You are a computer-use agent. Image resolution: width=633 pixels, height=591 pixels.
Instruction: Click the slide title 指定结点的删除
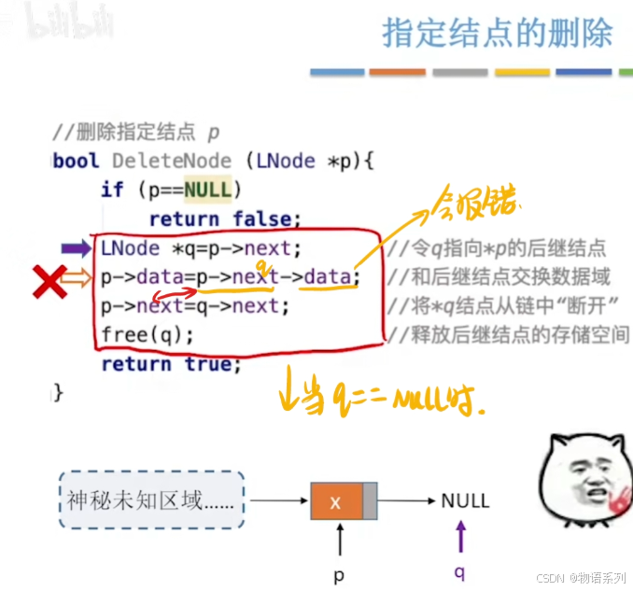pos(498,33)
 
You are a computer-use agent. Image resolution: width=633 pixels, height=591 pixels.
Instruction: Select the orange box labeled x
pos(336,501)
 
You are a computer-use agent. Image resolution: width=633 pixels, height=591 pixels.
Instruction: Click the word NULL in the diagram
pos(465,501)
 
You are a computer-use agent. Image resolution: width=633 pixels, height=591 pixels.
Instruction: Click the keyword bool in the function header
pos(77,161)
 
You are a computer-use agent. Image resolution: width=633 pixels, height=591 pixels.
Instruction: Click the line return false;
pos(225,219)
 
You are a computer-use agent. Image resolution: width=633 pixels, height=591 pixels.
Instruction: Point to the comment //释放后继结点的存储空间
pos(509,334)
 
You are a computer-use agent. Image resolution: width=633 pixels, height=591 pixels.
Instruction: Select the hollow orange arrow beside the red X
pos(78,277)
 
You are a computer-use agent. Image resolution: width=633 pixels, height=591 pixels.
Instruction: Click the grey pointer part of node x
pos(370,501)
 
